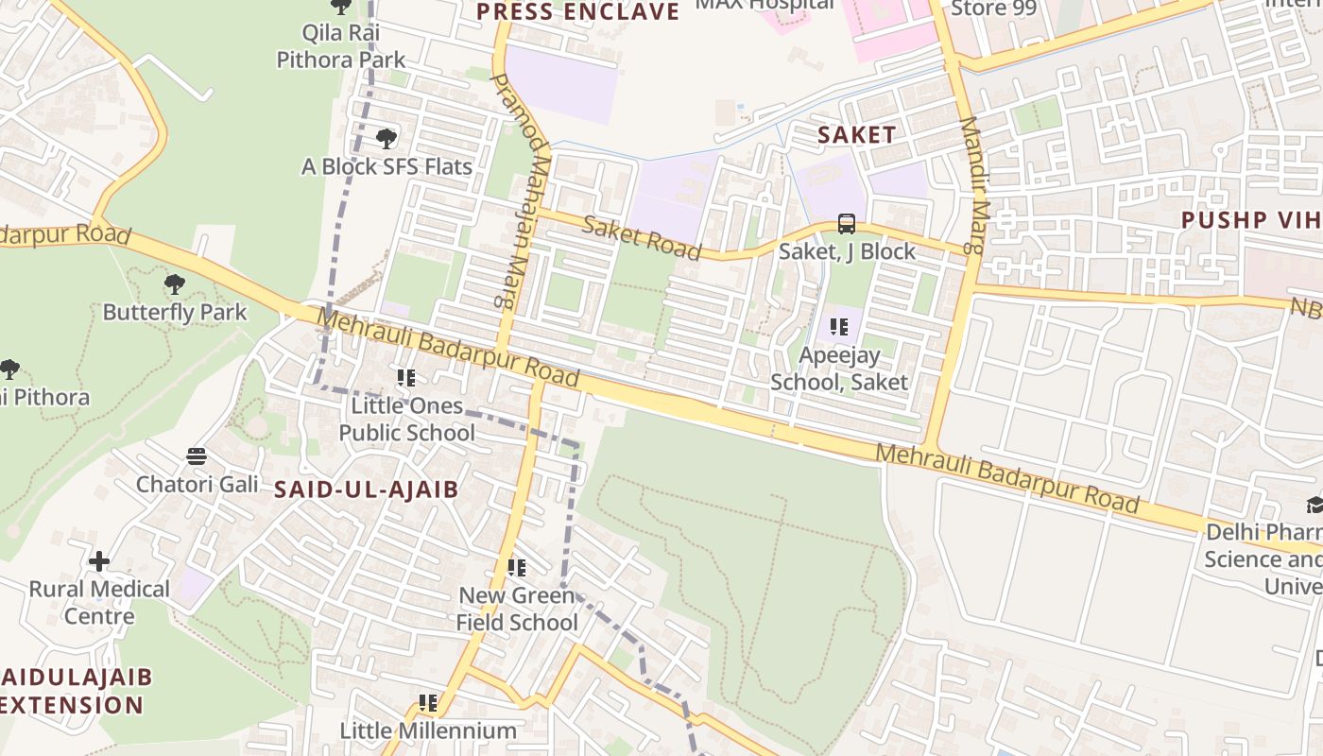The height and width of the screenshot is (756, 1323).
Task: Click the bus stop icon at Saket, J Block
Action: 847,224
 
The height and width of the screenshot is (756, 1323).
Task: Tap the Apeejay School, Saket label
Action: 839,369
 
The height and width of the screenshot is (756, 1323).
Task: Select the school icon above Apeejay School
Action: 838,327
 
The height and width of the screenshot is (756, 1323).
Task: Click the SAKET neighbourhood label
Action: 856,135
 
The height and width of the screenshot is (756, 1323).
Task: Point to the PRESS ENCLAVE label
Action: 577,11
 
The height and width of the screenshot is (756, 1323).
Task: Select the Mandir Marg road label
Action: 974,185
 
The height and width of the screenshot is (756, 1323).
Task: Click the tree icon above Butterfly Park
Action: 175,283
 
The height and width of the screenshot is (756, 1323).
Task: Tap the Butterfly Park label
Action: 175,312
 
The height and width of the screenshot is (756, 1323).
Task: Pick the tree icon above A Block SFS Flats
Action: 386,139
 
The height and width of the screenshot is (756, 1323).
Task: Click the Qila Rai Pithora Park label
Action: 341,46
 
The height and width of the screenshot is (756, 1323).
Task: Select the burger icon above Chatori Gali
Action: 197,456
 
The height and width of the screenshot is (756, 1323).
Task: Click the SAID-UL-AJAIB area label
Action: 367,490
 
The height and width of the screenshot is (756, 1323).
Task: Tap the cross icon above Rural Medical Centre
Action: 99,561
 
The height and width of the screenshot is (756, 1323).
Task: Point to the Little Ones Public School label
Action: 407,419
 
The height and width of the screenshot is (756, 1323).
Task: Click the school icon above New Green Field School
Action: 517,567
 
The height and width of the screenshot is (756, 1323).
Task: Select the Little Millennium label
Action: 428,730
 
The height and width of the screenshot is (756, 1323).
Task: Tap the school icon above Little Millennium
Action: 428,703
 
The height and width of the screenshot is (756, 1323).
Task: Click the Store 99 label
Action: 993,9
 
